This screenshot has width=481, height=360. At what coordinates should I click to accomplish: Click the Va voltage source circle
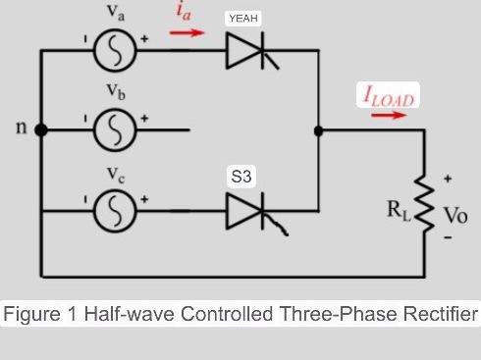(x=115, y=52)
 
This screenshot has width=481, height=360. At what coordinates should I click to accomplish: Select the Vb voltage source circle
(x=115, y=129)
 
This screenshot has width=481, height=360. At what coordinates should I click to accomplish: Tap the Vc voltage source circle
(x=115, y=210)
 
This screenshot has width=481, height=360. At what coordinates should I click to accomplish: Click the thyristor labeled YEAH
(x=244, y=52)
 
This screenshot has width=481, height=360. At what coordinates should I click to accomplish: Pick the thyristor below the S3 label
(x=244, y=210)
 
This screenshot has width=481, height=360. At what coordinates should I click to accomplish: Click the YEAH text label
(x=242, y=19)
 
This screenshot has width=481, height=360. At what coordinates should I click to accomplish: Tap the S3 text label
(x=241, y=177)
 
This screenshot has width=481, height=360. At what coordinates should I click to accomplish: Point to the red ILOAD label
(x=388, y=96)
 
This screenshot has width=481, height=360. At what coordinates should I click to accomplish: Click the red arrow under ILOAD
(x=389, y=115)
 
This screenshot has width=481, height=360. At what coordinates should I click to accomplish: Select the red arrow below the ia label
(x=187, y=32)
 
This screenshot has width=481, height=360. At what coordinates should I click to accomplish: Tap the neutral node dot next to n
(x=41, y=129)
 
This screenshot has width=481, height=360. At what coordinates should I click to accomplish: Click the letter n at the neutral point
(x=19, y=129)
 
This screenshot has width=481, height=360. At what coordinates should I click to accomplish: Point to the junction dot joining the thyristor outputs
(x=318, y=129)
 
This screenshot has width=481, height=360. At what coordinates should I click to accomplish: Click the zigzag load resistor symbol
(x=425, y=209)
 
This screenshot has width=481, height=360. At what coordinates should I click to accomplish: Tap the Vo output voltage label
(x=454, y=214)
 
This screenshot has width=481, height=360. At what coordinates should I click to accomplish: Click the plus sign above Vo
(x=449, y=180)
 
